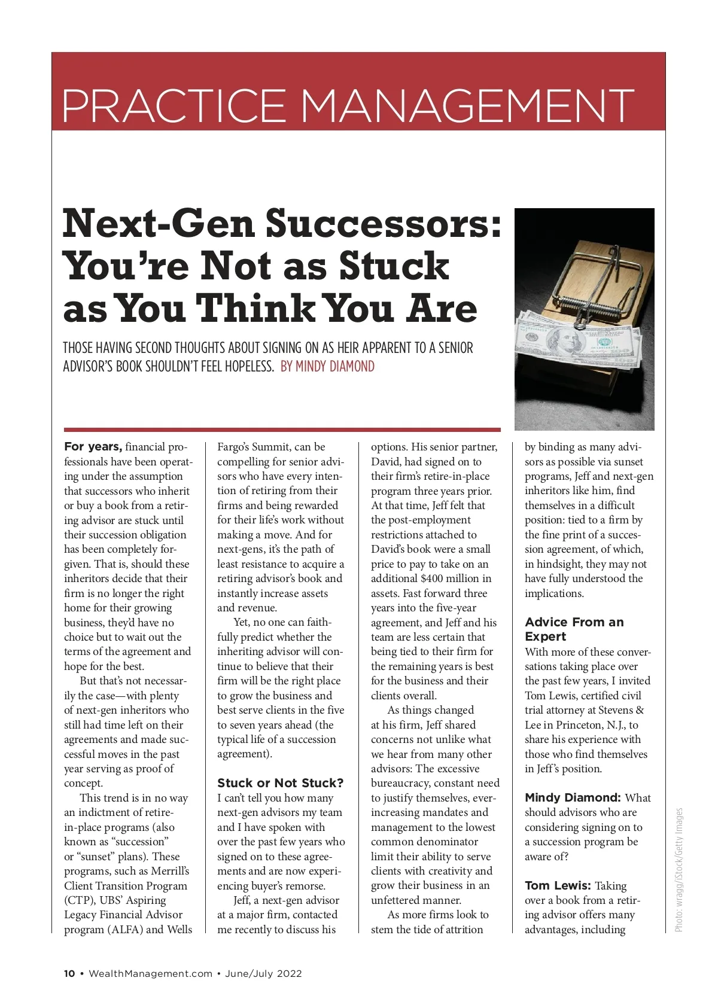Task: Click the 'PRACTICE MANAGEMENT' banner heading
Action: (348, 105)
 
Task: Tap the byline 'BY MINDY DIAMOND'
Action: (327, 366)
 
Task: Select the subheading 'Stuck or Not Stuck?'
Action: (280, 783)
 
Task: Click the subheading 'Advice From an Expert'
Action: (574, 629)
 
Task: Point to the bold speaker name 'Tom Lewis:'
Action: (558, 886)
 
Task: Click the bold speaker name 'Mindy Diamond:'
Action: (573, 798)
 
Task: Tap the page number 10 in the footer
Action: (69, 973)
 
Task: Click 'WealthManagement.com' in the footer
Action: (151, 973)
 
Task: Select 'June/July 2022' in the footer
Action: (263, 973)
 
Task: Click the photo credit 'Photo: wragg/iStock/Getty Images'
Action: (679, 870)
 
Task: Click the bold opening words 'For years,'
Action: (93, 447)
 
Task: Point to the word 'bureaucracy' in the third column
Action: (401, 783)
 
